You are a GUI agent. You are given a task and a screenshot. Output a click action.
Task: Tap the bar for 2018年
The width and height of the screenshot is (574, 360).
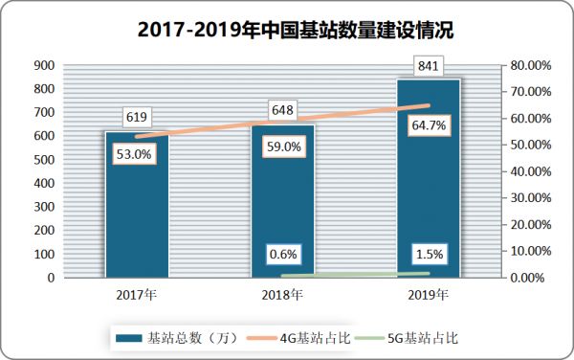282,211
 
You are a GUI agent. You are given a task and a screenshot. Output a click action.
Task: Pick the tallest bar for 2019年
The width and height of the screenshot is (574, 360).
429,191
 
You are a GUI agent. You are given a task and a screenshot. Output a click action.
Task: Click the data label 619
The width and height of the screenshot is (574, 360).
136,118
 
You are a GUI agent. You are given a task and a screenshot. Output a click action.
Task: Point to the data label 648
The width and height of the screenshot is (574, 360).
282,110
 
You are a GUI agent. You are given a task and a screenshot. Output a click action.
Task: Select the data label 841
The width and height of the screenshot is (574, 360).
429,65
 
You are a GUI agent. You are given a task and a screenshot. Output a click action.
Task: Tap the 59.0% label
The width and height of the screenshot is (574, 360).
282,147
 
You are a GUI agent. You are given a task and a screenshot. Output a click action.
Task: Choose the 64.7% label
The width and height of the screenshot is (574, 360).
429,125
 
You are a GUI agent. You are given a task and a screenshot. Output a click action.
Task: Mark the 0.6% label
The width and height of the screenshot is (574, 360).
282,255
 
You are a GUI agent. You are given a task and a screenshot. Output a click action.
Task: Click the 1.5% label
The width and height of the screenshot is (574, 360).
429,254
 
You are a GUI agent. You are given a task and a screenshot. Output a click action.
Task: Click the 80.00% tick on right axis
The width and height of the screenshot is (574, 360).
530,65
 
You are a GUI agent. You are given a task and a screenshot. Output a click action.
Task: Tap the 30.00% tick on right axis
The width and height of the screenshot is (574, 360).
530,198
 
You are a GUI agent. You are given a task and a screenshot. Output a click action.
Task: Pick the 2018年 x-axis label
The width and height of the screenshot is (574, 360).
282,294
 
